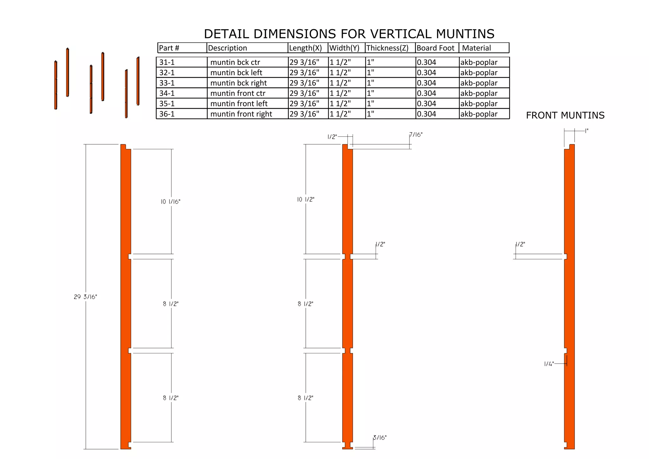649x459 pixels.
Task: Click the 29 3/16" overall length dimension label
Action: (85, 297)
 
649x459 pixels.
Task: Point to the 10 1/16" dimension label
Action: (170, 202)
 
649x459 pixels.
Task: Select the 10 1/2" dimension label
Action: (305, 199)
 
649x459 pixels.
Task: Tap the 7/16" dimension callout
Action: (416, 135)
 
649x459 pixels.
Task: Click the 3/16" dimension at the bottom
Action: (380, 438)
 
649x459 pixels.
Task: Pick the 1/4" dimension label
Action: (549, 364)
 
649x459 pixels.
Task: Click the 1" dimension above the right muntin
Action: (587, 131)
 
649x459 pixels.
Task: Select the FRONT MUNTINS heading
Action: (565, 115)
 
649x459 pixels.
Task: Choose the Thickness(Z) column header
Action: (387, 48)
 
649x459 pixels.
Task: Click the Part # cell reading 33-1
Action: (167, 83)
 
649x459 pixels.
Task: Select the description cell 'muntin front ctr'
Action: (238, 93)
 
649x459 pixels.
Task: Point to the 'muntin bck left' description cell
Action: (236, 73)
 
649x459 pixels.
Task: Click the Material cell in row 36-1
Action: (479, 114)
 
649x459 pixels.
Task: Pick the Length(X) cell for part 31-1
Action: (304, 62)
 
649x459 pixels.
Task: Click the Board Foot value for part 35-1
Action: (426, 104)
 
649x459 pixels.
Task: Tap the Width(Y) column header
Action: (344, 48)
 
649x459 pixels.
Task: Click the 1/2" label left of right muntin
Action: (520, 244)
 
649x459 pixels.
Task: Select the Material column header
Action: (476, 48)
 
